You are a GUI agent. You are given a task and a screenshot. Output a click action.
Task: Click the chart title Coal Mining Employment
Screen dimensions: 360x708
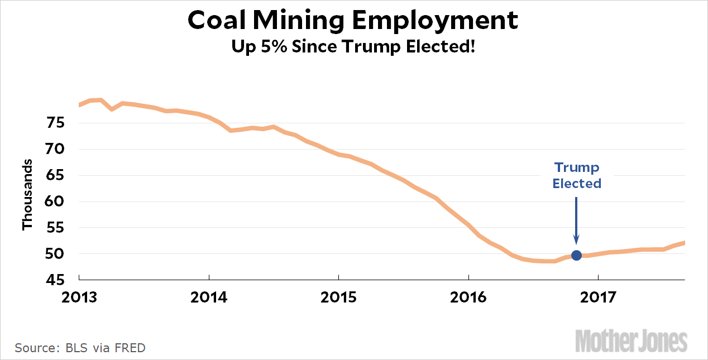pos(353,20)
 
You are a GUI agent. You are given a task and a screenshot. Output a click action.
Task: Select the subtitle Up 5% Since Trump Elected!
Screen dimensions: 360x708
pos(353,46)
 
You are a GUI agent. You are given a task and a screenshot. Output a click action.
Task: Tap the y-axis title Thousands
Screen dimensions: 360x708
pos(27,194)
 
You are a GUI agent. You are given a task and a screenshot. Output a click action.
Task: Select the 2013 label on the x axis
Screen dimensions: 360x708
pos(79,297)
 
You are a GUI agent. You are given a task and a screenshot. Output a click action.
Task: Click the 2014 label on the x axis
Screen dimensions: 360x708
pos(209,297)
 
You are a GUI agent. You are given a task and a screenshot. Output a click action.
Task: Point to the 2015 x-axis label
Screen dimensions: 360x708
pos(338,297)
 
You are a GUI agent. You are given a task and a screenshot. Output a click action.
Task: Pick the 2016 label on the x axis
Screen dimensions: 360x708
pos(468,297)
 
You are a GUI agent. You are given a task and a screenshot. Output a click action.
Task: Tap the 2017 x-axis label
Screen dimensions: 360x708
pos(598,297)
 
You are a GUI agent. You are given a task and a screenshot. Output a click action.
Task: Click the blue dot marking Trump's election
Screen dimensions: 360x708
pos(576,255)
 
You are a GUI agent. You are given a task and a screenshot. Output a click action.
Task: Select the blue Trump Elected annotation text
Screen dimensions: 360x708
pos(577,175)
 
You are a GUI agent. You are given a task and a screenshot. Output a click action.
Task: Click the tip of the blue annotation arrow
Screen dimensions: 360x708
pos(576,244)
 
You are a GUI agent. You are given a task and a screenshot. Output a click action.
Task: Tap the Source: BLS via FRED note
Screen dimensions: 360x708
pos(80,348)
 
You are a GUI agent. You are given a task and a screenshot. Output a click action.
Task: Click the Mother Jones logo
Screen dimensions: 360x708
pos(631,341)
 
